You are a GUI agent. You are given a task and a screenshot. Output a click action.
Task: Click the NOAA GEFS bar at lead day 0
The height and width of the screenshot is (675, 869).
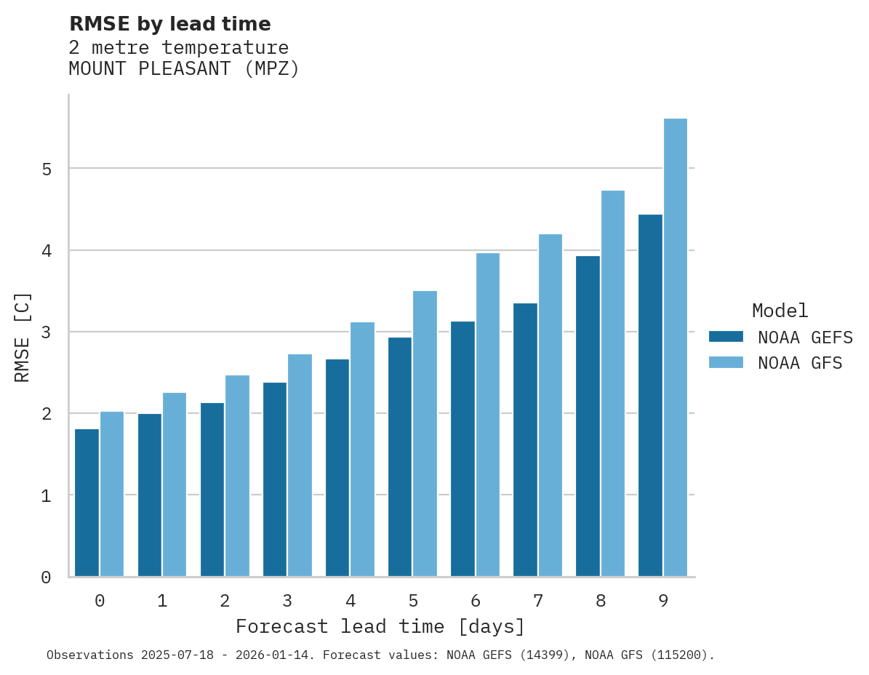point(87,503)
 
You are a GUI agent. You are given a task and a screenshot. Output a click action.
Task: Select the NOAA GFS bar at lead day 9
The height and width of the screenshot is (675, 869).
point(676,348)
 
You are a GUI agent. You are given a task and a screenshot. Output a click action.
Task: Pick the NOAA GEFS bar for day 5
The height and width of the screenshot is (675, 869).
point(400,457)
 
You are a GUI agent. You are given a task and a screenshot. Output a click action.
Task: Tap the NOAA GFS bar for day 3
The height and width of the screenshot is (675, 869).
point(300,466)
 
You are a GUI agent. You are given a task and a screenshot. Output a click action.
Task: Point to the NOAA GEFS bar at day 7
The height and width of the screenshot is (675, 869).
point(525,440)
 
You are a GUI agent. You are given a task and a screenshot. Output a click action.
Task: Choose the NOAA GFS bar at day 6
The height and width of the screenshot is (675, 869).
point(487,415)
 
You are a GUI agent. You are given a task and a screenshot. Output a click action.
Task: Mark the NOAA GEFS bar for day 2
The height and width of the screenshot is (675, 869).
point(212,490)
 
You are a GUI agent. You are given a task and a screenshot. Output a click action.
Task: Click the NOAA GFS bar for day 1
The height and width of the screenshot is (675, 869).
point(175,484)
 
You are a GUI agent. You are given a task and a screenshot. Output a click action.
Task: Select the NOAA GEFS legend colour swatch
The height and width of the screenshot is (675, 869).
point(726,337)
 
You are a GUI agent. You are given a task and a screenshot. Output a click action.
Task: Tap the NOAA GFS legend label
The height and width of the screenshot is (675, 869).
point(800,363)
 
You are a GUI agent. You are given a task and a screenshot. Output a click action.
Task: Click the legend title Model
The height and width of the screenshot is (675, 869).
point(780,311)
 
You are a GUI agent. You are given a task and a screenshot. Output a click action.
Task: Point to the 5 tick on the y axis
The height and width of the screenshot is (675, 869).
point(46,169)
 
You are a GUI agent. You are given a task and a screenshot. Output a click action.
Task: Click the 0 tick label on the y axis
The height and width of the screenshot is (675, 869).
point(46,578)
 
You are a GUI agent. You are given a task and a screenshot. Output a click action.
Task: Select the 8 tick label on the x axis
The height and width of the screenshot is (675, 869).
point(601,601)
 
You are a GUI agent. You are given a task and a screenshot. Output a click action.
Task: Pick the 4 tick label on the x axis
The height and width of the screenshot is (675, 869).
point(351,601)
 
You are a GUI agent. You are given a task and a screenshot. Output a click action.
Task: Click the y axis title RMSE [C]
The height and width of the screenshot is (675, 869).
point(23,337)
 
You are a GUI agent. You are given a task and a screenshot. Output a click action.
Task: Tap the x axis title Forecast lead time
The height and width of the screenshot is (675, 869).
point(380,626)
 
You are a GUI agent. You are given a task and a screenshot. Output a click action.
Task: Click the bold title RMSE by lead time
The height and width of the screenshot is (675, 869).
point(169,24)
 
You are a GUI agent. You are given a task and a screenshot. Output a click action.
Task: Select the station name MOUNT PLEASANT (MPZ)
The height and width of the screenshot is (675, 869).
point(184,69)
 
